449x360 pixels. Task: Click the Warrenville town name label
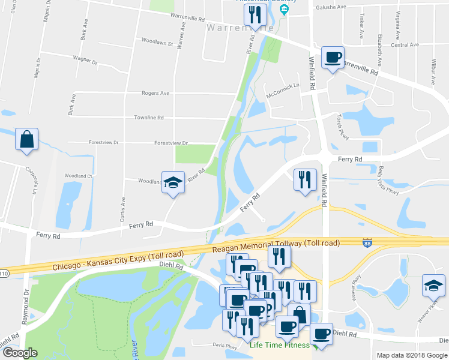tap(240, 28)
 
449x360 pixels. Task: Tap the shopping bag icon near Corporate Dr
tap(27, 140)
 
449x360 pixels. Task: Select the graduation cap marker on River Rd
tap(173, 182)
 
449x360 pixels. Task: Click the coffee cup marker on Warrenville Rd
tap(333, 58)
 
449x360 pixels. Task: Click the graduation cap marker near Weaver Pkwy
tap(433, 286)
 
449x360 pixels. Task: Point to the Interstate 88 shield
tap(367, 243)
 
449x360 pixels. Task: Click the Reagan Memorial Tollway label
tap(276, 243)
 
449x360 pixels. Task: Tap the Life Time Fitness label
tap(280, 345)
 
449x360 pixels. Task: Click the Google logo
tap(20, 353)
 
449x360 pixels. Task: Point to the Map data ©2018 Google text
tap(412, 355)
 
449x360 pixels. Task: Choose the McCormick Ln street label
tap(283, 90)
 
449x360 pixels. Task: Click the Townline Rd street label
tap(148, 118)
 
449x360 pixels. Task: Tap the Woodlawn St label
tap(157, 43)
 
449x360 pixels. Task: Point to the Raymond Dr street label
tap(26, 307)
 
